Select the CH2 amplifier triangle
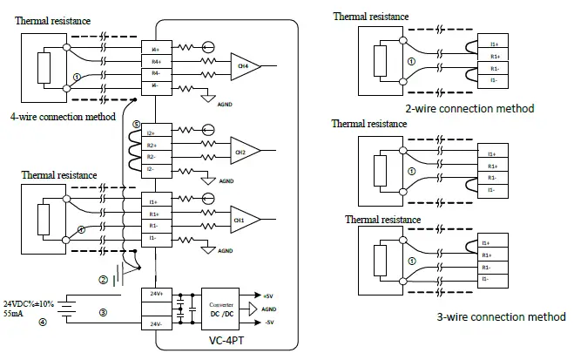tap(242, 152)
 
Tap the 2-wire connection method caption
tap(469, 109)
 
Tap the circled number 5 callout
tap(135, 126)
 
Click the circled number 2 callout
tap(103, 280)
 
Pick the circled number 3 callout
tap(103, 311)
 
